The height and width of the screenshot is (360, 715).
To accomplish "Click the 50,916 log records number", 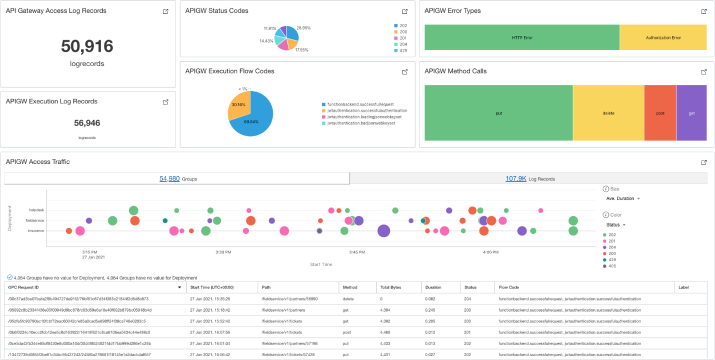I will pyautogui.click(x=87, y=46).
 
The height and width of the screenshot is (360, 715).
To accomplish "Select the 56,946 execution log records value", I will pyautogui.click(x=87, y=123).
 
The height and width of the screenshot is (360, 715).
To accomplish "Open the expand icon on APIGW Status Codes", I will pyautogui.click(x=405, y=11).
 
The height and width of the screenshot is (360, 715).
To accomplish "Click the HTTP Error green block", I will pyautogui.click(x=522, y=37).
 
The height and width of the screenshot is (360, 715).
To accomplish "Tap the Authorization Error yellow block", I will pyautogui.click(x=663, y=37).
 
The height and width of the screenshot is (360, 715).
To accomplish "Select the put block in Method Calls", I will pyautogui.click(x=498, y=113).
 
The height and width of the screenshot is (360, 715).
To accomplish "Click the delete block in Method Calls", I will pyautogui.click(x=608, y=113).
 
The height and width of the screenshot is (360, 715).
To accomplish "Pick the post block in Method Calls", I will pyautogui.click(x=660, y=113).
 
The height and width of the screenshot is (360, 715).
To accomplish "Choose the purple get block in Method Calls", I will pyautogui.click(x=691, y=113).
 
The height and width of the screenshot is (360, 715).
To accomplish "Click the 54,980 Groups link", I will pyautogui.click(x=169, y=178).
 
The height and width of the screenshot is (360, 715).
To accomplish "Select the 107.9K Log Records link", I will pyautogui.click(x=515, y=178).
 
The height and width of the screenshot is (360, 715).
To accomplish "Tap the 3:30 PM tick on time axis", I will pyautogui.click(x=223, y=252).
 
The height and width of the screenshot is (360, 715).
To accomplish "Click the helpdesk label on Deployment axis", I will pyautogui.click(x=36, y=210).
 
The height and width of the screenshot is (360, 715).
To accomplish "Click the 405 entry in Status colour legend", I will pyautogui.click(x=612, y=266).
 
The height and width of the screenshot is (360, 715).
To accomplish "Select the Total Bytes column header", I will pyautogui.click(x=390, y=287).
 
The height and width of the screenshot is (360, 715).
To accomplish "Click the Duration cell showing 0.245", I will pyautogui.click(x=430, y=310).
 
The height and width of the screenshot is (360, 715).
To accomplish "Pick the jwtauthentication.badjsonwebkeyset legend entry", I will pyautogui.click(x=361, y=123).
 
